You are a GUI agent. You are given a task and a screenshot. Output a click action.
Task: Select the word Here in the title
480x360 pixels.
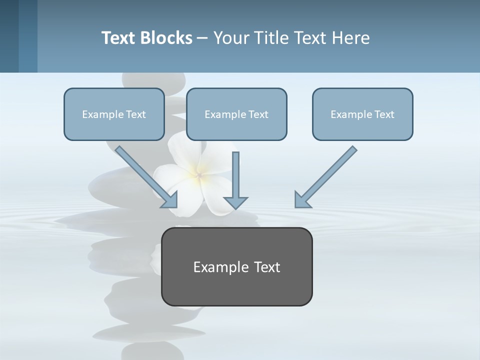pos(351,38)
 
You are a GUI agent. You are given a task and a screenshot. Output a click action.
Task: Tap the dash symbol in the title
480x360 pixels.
pos(203,38)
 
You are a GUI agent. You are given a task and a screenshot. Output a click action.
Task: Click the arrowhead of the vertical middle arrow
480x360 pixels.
pos(235,202)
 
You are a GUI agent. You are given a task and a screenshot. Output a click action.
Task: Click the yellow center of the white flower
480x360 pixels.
pos(198,174)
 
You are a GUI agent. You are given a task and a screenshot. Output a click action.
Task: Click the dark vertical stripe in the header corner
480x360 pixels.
pos(9,36)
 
